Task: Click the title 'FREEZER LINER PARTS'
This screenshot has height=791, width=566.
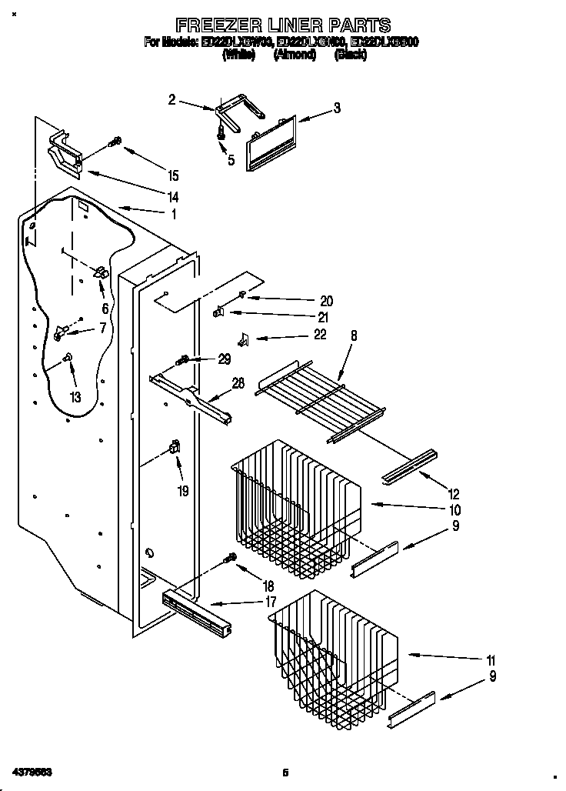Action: pos(282,25)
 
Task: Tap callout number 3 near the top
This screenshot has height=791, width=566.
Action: pos(337,108)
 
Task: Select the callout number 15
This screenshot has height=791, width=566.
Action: pos(173,174)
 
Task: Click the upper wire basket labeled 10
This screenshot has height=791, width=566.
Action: pos(296,508)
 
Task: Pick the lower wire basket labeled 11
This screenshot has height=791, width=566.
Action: pos(335,646)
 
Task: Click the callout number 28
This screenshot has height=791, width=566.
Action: pos(238,383)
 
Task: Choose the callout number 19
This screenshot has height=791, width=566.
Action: pos(184,490)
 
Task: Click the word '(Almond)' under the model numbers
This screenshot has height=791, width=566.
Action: pos(295,55)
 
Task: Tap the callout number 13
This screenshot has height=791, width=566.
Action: pos(75,398)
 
